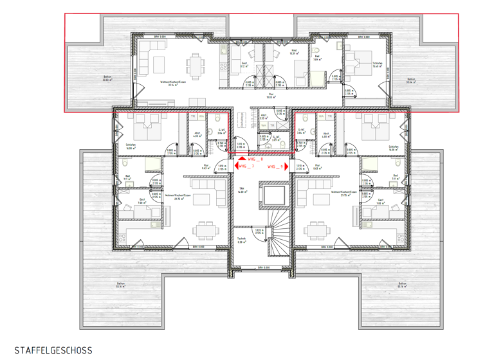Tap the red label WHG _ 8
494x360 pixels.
(x=256, y=158)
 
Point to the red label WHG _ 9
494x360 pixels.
(x=276, y=166)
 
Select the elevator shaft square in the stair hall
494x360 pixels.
(x=271, y=195)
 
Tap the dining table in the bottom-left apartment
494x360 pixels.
(x=205, y=229)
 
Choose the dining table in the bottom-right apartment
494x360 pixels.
(x=316, y=229)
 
